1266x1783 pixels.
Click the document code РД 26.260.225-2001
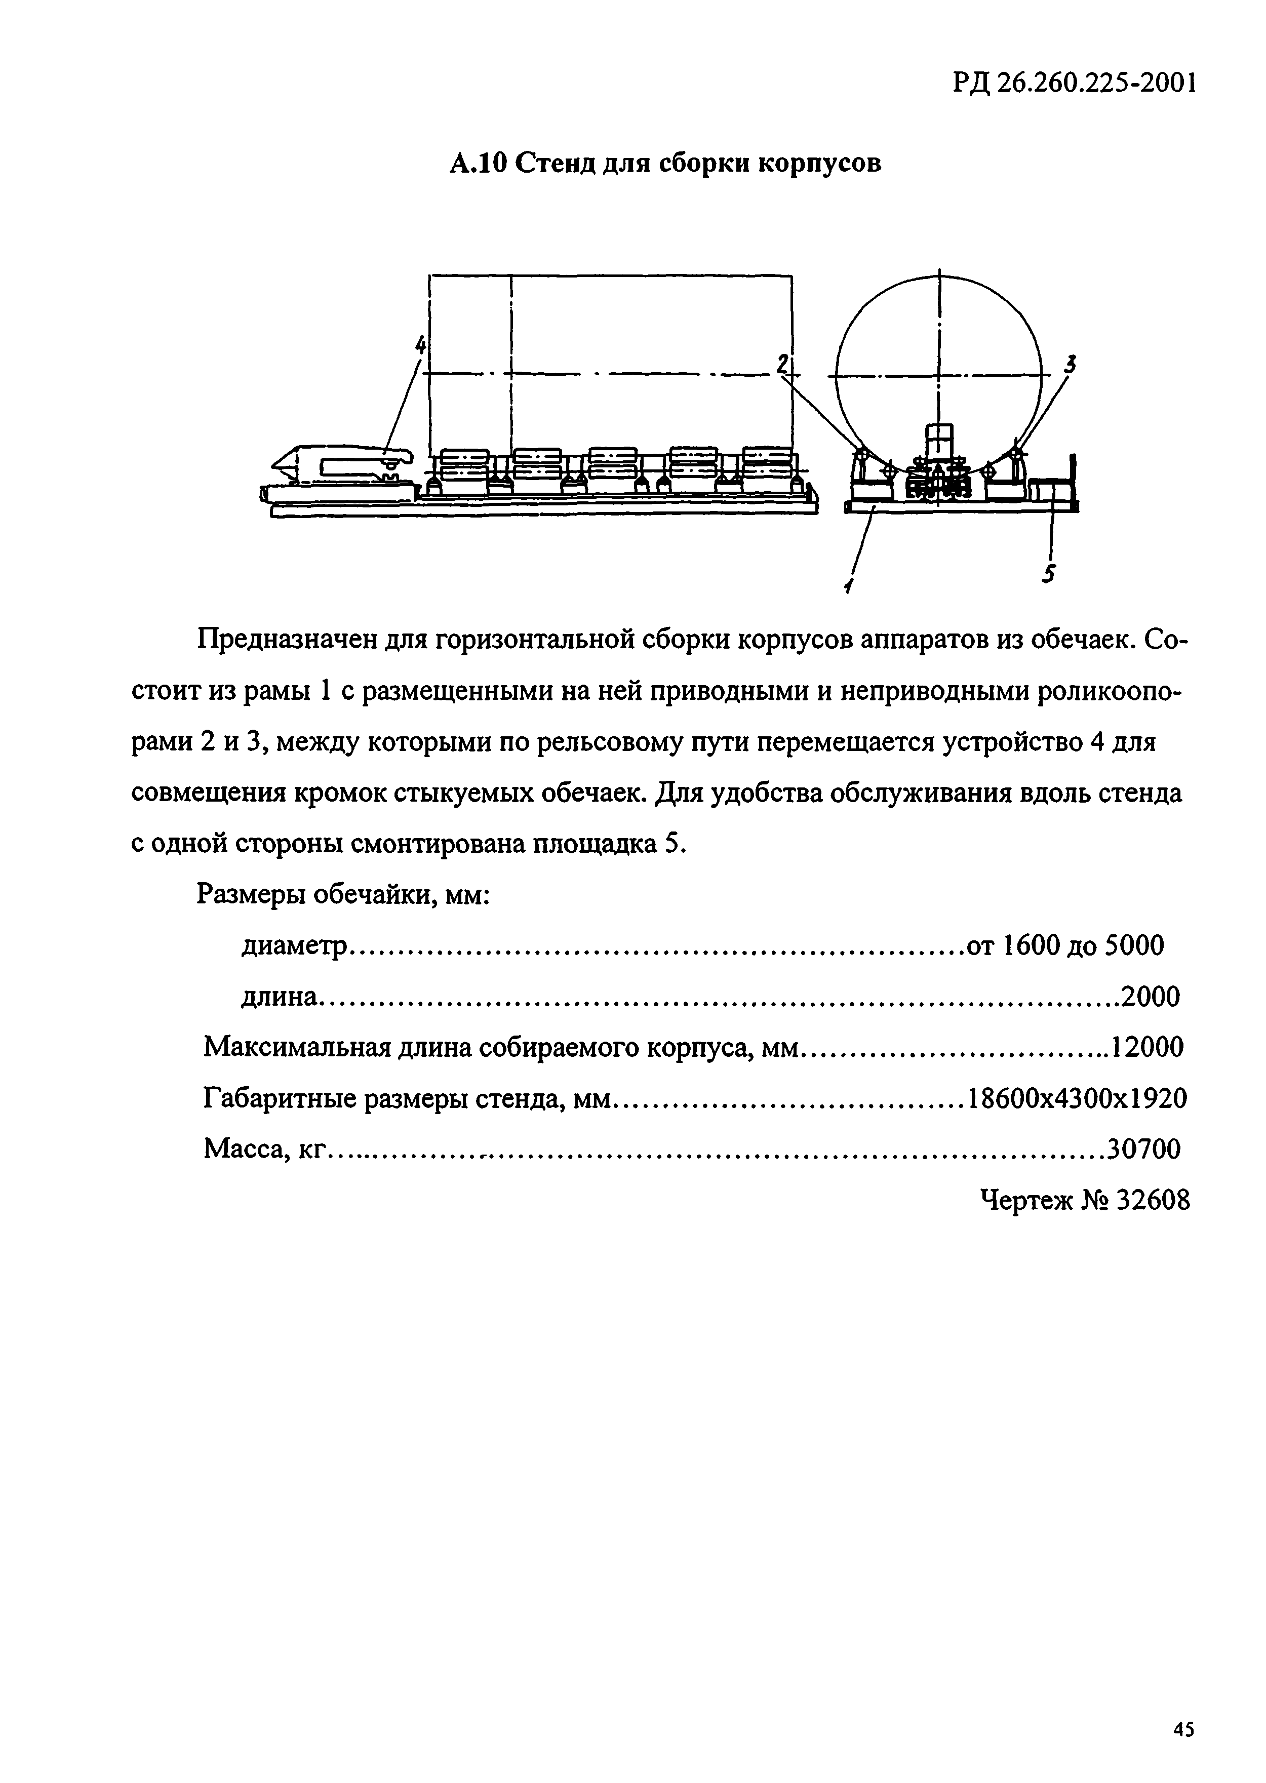tap(1074, 83)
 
